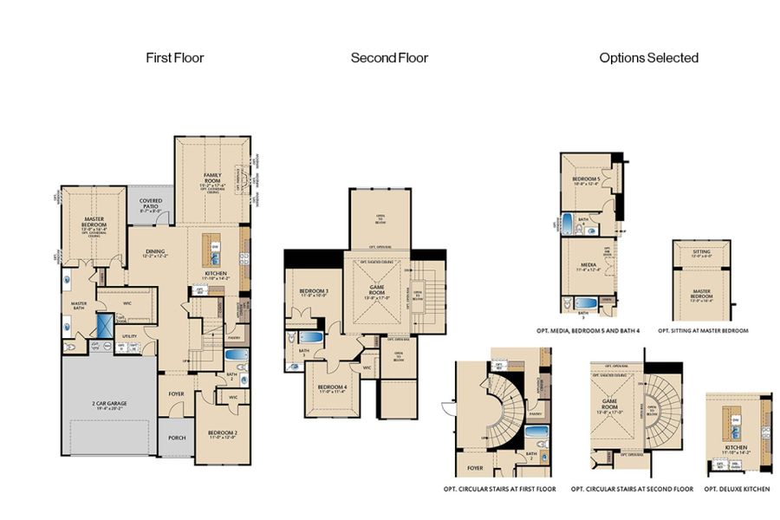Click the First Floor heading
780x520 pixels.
pyautogui.click(x=175, y=58)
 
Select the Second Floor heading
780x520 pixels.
pyautogui.click(x=389, y=58)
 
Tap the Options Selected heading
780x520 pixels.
pyautogui.click(x=648, y=58)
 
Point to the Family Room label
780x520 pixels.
pyautogui.click(x=212, y=177)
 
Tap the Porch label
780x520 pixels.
pyautogui.click(x=177, y=438)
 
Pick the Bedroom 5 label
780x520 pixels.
pyautogui.click(x=587, y=180)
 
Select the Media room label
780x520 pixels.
pyautogui.click(x=587, y=265)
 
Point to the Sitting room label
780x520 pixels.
pyautogui.click(x=700, y=252)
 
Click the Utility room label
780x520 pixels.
pyautogui.click(x=129, y=335)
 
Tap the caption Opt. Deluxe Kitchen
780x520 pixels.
pyautogui.click(x=737, y=490)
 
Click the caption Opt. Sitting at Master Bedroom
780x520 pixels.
pyautogui.click(x=703, y=330)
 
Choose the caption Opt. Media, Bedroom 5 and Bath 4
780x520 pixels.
pyautogui.click(x=591, y=330)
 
